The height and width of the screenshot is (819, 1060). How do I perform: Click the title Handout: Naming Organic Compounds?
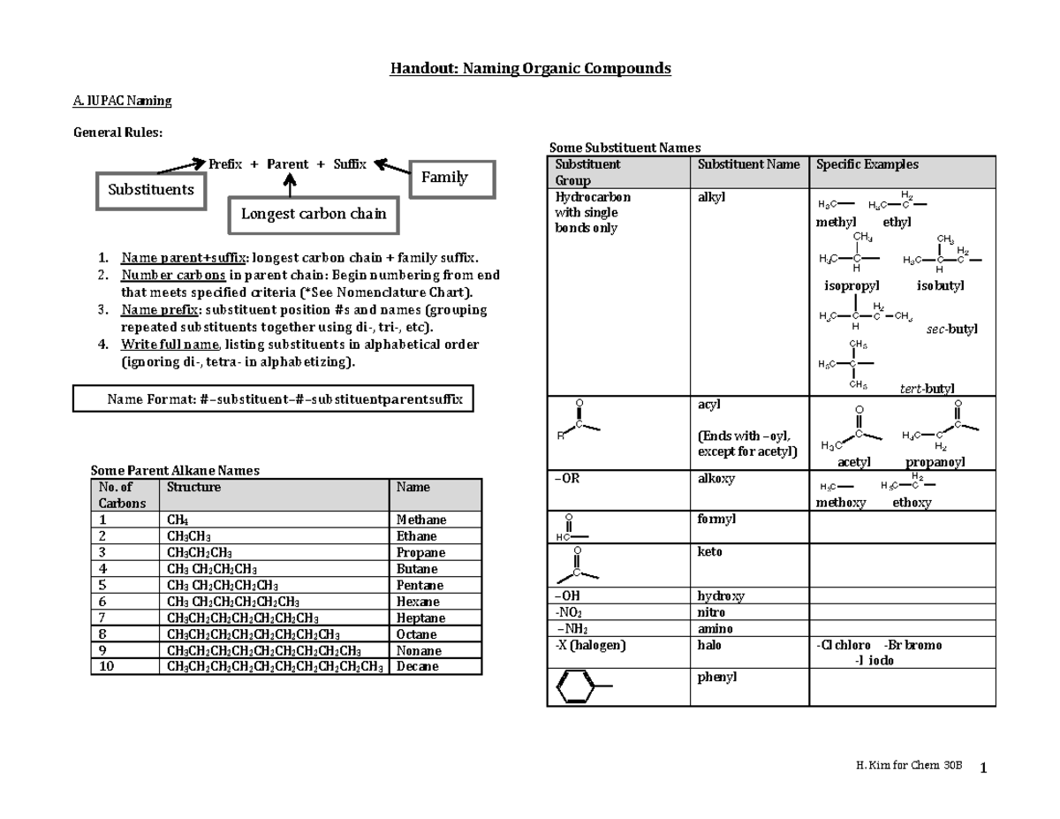point(530,68)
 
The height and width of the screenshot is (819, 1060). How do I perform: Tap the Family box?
point(444,178)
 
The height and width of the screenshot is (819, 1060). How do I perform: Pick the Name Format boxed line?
point(274,399)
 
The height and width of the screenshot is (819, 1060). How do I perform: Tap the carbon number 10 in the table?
point(108,666)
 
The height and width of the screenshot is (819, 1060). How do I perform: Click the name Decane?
point(418,666)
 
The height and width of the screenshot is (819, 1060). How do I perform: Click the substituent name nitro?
point(712,612)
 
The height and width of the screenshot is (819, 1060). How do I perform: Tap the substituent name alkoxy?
point(716,479)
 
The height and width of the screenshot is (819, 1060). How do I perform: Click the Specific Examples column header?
point(867,164)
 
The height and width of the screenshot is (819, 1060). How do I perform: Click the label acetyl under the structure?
point(854,462)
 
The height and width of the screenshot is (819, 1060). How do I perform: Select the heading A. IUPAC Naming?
point(122,101)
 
